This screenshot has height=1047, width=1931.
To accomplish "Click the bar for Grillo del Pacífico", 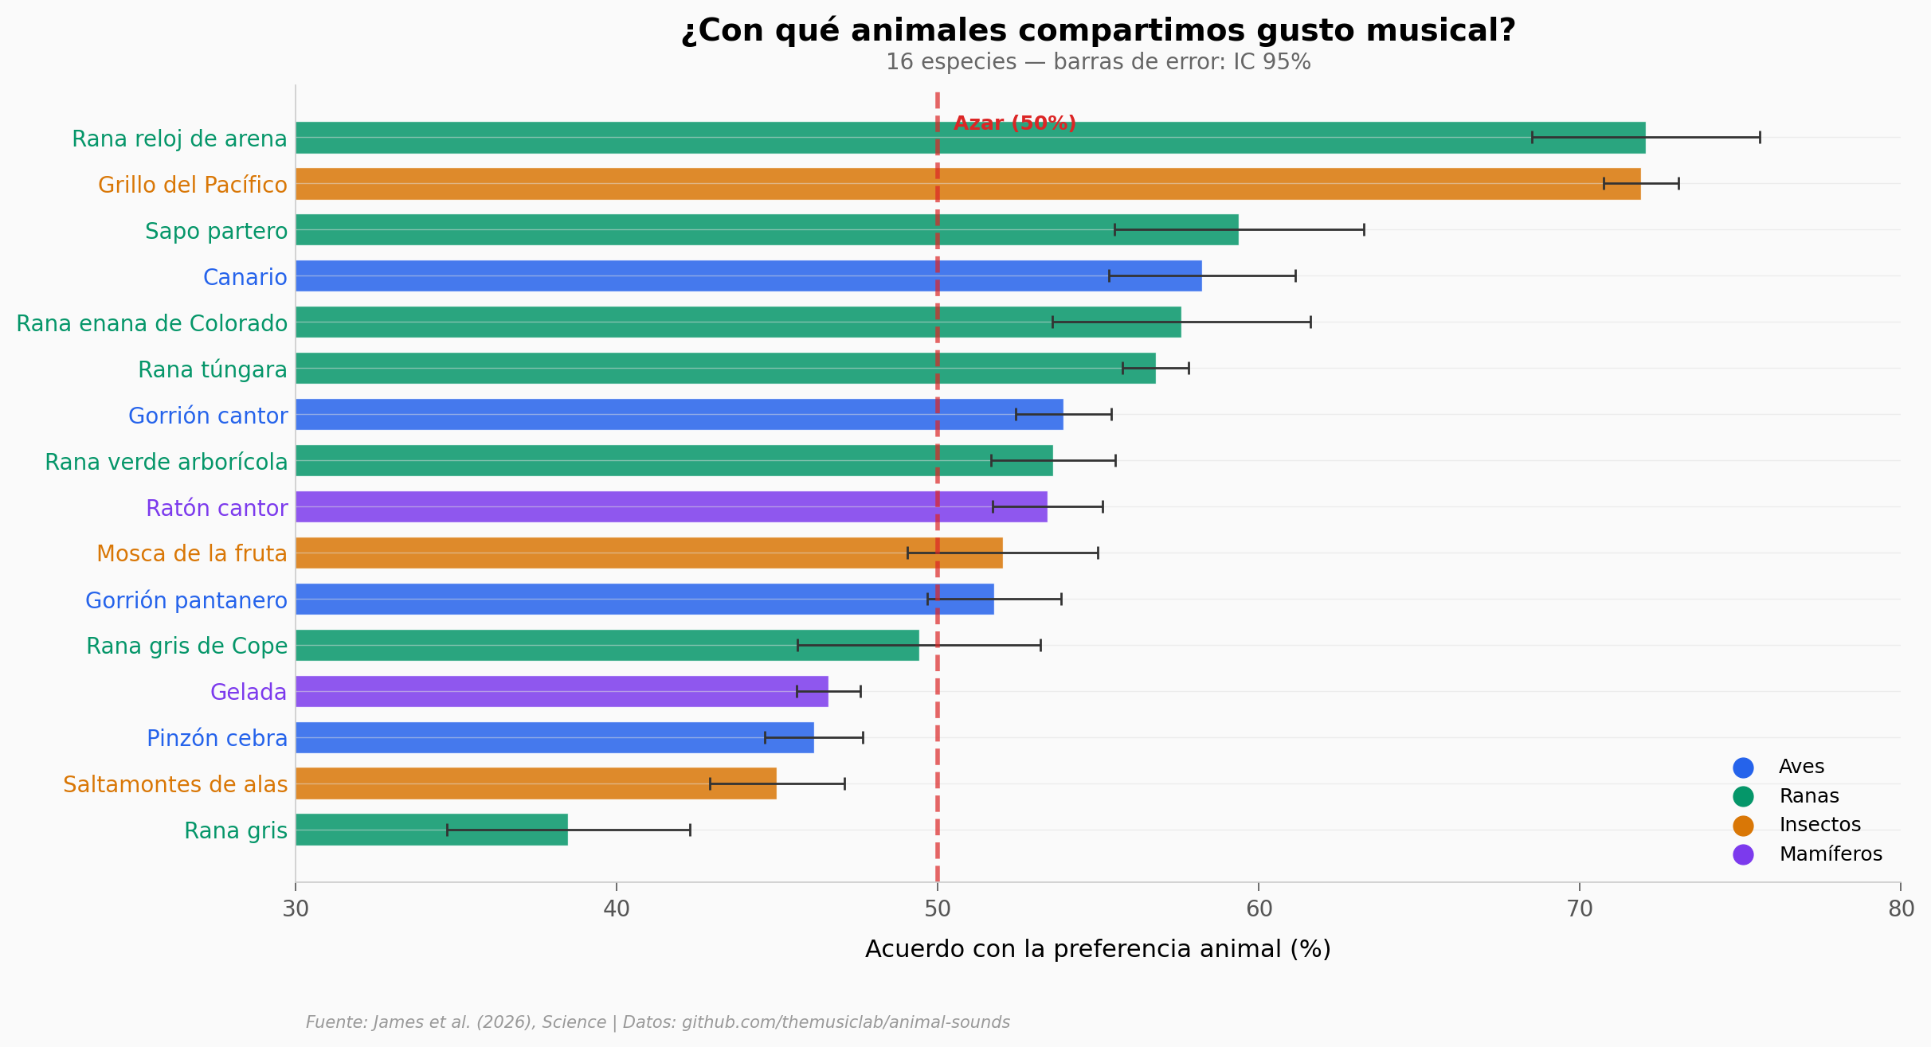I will tap(967, 184).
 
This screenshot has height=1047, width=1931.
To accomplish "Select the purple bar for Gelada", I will tap(562, 691).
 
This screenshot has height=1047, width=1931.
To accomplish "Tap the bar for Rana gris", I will tap(431, 830).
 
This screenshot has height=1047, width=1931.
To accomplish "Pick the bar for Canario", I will tap(748, 275).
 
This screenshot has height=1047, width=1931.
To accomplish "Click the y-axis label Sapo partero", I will tap(216, 231).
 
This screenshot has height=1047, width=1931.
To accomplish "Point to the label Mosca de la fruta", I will tap(191, 553).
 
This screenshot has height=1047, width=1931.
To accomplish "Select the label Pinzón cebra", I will tap(217, 738).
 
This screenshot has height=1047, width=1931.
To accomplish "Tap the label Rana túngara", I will tap(212, 369).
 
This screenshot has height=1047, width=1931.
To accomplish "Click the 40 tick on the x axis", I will tap(617, 908).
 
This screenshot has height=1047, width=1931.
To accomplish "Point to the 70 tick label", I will tap(1579, 908).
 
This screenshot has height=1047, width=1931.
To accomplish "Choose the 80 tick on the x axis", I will tap(1901, 908).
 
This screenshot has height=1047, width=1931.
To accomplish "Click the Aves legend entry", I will tap(1800, 767).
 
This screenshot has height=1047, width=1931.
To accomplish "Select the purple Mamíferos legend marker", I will tap(1743, 854).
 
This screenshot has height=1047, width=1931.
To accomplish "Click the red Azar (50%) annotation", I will tap(1014, 123).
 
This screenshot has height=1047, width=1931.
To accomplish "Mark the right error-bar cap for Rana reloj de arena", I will tap(1760, 138).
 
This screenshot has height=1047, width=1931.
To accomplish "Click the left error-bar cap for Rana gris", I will tap(447, 830).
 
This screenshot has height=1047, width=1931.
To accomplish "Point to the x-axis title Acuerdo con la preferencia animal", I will tap(1098, 949).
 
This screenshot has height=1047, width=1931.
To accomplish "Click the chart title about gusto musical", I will tap(1098, 31).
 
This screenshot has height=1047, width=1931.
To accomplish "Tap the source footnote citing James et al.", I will tap(657, 1022).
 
